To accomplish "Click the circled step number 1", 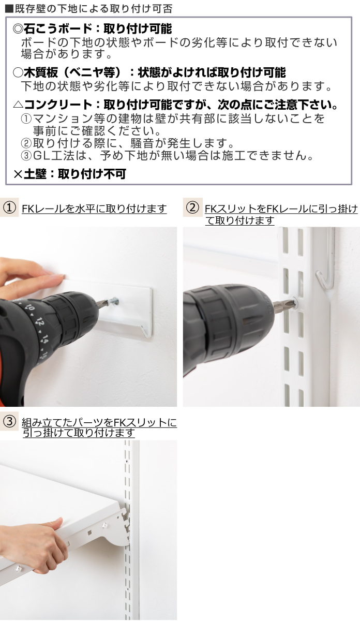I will pos(9,208).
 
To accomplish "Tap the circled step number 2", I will pos(191,208).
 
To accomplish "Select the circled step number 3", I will pos(9,421).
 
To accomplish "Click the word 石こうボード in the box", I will pos(51,29).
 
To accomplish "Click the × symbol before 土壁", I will pos(17,174).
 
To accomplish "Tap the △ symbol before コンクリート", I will pos(17,105).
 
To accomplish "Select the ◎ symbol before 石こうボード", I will pos(17,29).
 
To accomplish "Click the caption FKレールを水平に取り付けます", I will pos(94,209).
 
